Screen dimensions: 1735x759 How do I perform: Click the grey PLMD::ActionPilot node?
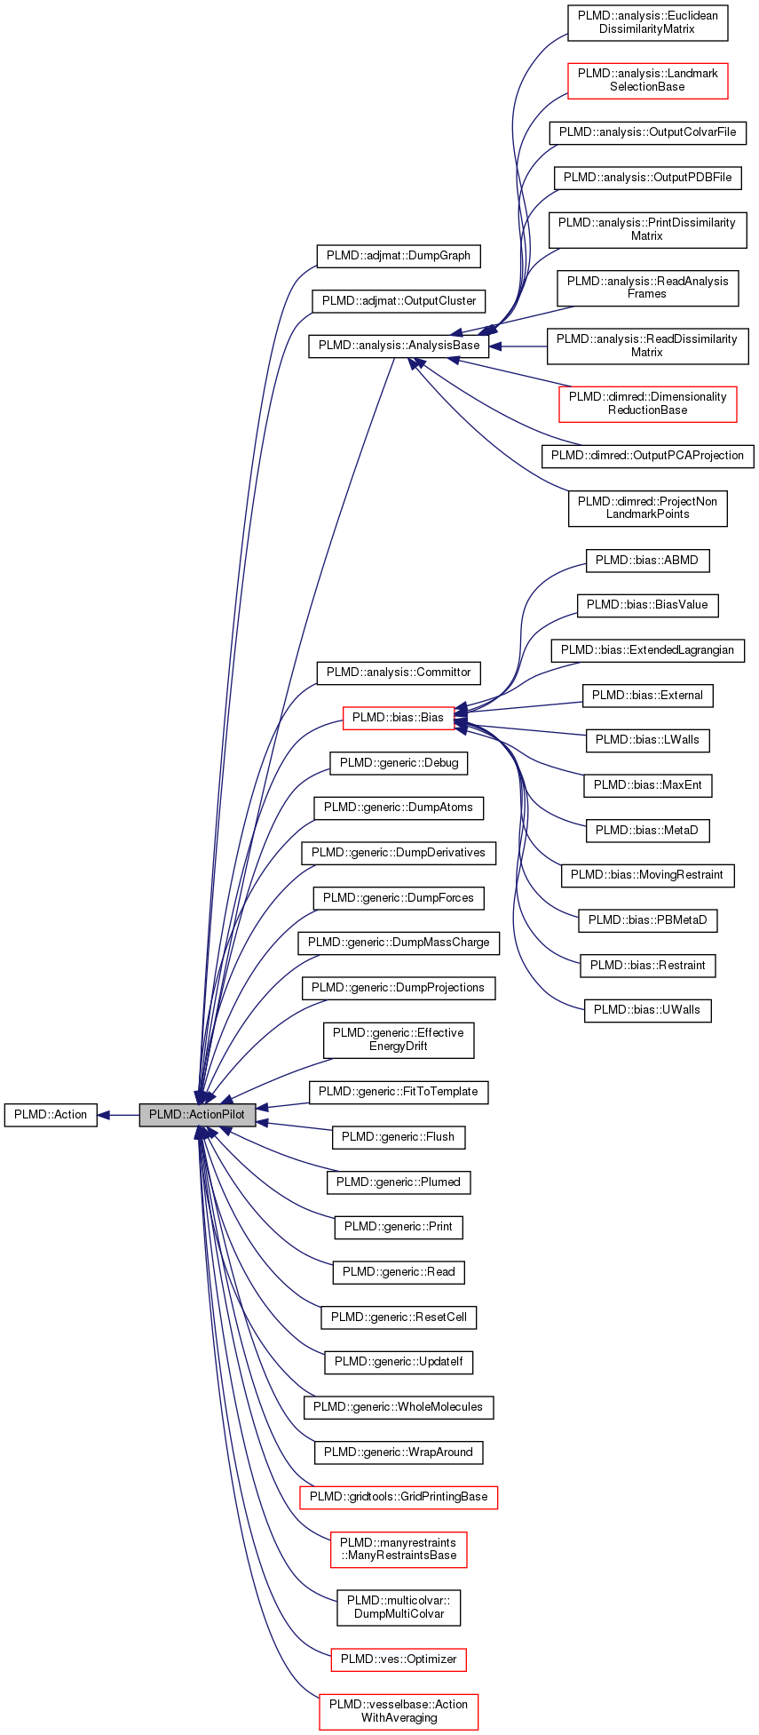tap(197, 1114)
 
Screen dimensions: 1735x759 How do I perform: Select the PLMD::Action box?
tap(51, 1114)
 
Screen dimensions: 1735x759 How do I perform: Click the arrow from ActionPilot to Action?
tap(118, 1114)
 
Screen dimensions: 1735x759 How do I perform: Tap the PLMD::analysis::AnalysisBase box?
tap(399, 346)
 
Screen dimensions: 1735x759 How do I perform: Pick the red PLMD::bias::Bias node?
tap(398, 717)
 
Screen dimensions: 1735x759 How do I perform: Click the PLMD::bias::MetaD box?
tap(647, 830)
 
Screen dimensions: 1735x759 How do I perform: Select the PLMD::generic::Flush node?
tap(398, 1136)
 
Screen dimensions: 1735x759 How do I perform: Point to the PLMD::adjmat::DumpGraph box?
tap(398, 255)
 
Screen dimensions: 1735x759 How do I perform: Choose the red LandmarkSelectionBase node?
tap(647, 80)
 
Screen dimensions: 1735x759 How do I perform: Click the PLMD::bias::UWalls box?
tap(647, 1009)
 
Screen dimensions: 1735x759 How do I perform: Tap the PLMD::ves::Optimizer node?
tap(398, 1659)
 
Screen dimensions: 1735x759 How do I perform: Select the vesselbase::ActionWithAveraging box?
tap(398, 1711)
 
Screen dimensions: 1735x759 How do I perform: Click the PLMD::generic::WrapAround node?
tap(398, 1452)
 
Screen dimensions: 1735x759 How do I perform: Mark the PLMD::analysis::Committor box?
tap(398, 672)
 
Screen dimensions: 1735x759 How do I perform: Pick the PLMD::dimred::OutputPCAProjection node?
tap(647, 455)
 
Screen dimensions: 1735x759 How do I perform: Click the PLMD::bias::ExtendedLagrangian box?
tap(647, 649)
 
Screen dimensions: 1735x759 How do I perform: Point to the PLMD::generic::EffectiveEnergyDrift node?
tap(398, 1039)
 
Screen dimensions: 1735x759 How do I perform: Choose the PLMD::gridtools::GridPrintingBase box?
tap(398, 1496)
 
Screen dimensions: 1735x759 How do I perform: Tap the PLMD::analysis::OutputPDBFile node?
tap(647, 177)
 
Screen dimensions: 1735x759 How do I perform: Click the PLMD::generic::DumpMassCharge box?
tap(398, 942)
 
